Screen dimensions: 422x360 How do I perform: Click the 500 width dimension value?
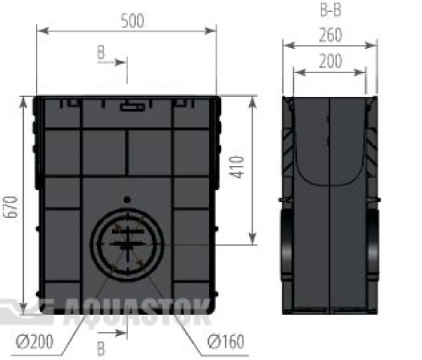tap(132, 21)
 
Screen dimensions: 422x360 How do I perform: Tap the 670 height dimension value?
tap(11, 207)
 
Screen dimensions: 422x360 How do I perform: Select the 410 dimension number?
tap(237, 167)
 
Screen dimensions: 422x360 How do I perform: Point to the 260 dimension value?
tap(331, 35)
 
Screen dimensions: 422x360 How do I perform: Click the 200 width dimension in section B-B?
tap(331, 61)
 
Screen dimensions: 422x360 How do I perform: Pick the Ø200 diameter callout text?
tap(34, 342)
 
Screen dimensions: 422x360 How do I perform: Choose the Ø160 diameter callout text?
tap(226, 342)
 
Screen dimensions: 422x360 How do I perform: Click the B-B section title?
tap(331, 11)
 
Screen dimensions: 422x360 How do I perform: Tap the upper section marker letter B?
tap(101, 52)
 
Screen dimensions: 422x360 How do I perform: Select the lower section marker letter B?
tap(101, 349)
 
